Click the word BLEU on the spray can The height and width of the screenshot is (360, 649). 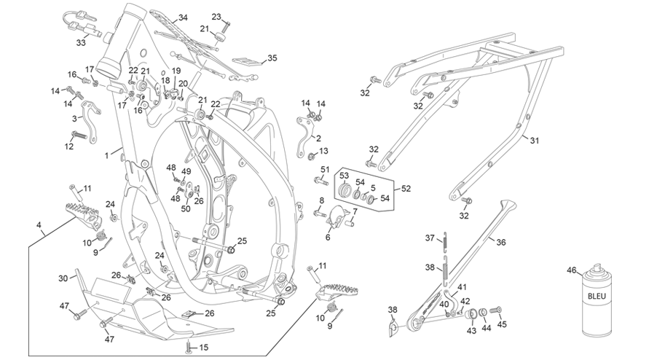[x=597, y=296]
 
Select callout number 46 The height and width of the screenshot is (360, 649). [x=572, y=270]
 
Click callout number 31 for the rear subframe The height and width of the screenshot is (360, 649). [x=535, y=141]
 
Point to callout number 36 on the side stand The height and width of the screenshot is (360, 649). [x=501, y=243]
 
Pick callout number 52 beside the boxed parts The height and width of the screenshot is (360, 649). [x=406, y=189]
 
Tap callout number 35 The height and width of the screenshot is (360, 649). [x=272, y=58]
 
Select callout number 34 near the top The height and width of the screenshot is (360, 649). [x=183, y=17]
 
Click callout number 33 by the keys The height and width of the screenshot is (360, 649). [x=81, y=42]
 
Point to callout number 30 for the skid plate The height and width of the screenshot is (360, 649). [x=63, y=278]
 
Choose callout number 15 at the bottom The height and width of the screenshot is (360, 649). [x=204, y=348]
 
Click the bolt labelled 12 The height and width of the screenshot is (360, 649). [x=80, y=135]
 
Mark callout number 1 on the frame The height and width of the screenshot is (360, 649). [x=107, y=156]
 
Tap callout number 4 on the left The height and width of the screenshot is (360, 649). [x=39, y=225]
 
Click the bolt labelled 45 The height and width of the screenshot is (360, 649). [x=495, y=310]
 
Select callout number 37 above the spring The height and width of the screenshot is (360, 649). [x=430, y=238]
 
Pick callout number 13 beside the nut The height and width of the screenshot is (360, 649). [x=323, y=151]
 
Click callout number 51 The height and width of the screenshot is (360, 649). [x=325, y=170]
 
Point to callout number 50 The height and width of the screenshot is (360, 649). [x=186, y=209]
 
